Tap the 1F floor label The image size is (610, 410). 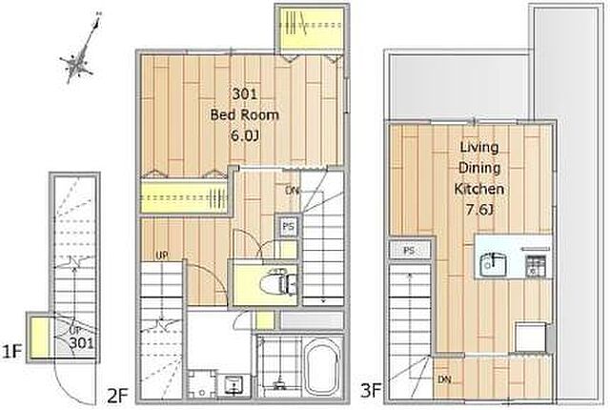coord(12,352)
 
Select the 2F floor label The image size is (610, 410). coord(117,397)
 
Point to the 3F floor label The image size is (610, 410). coord(371,390)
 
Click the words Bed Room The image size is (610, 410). coord(245,114)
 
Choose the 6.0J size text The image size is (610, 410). coord(245,135)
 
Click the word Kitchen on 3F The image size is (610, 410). coord(478,189)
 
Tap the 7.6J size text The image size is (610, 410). coord(479,210)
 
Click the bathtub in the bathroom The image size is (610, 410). coord(322,366)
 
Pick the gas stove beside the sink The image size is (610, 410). coord(536,265)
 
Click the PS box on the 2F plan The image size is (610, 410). coord(288,226)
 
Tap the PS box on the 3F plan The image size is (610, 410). coord(409,251)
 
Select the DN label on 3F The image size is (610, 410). coord(444,379)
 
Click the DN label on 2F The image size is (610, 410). coord(293,190)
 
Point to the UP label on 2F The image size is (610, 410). coord(162,256)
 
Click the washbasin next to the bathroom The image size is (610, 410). coord(233,385)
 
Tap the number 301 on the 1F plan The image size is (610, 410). coord(82,343)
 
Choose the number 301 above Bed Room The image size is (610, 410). coord(245,93)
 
